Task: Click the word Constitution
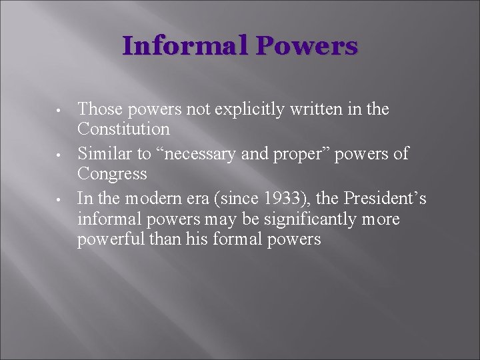point(123,128)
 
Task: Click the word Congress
point(112,173)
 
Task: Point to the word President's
point(389,199)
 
